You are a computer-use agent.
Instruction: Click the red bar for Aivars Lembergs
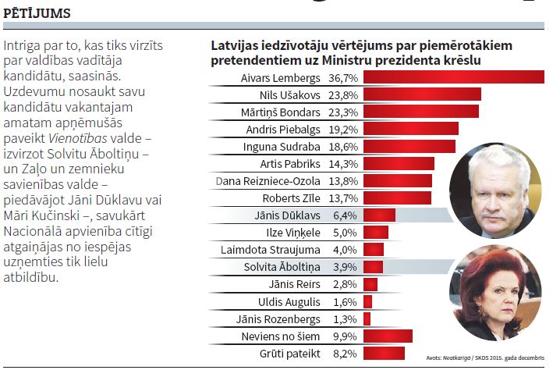[x=453, y=77]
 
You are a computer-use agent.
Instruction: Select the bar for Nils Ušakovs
[x=422, y=94]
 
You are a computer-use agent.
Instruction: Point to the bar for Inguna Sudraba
[x=409, y=146]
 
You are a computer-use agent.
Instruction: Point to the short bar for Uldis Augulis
[x=367, y=301]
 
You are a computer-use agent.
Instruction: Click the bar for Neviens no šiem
[x=387, y=336]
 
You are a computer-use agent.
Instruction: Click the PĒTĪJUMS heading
[x=37, y=13]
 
